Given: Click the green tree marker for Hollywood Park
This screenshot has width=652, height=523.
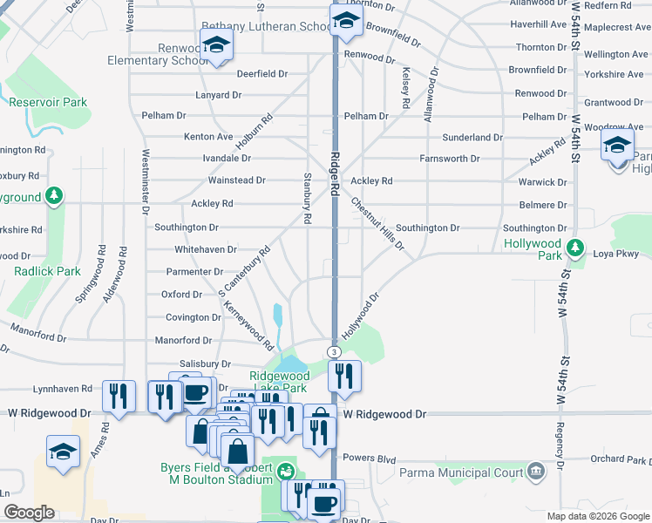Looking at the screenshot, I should [574, 248].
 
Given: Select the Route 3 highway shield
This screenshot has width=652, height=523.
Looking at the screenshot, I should [333, 351].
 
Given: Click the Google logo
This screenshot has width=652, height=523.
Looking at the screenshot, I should [29, 513].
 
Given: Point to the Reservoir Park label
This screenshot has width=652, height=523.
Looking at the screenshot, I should [48, 102].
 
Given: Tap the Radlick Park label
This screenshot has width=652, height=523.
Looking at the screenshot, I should [47, 271].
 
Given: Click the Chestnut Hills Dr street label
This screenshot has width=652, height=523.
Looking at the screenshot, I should [377, 223].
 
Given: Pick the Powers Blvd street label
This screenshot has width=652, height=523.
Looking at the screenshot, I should [370, 458].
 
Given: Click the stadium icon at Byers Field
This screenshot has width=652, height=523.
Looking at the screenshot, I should [284, 472].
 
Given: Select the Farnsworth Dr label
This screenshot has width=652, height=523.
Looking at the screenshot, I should [449, 159].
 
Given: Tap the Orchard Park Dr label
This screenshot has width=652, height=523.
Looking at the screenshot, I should [620, 458].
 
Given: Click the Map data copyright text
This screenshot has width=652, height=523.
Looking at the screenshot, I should [597, 516].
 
